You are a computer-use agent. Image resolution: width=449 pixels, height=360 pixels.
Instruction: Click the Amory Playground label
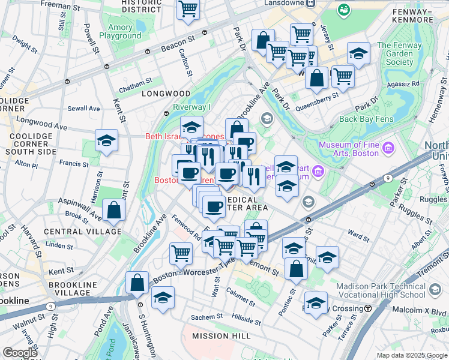point(124,32)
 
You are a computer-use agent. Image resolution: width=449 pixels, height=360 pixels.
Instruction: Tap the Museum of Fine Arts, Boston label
point(349,149)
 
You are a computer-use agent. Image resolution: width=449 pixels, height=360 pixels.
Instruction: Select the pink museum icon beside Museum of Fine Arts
point(388,147)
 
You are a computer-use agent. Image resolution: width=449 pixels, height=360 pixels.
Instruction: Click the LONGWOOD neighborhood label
point(165,94)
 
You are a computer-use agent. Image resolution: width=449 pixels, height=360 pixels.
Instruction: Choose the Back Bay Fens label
point(366,119)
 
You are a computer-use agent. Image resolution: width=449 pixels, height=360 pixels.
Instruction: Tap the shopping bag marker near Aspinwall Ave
point(113,211)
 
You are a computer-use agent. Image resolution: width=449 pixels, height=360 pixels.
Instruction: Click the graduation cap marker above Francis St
point(106,141)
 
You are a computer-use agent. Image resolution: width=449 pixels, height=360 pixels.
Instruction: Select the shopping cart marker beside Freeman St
point(188,10)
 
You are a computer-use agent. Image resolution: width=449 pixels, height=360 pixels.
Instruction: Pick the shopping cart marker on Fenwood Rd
point(181,253)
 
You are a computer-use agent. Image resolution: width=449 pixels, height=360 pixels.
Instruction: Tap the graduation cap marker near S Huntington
point(163,298)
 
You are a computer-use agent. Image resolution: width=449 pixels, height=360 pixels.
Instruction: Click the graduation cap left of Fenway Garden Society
point(358,55)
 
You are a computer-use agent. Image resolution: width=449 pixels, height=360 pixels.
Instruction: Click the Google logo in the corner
point(20,353)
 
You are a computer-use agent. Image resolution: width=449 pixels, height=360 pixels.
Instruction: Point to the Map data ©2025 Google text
point(411,355)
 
